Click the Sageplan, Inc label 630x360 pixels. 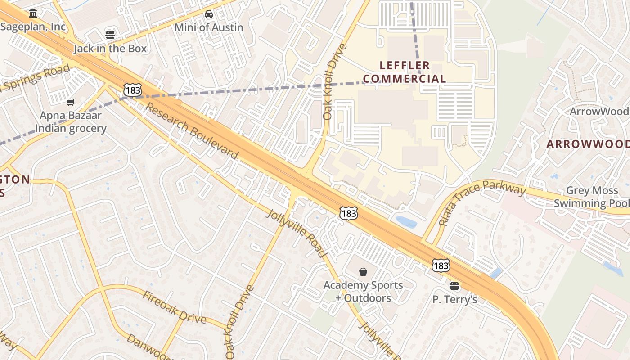(33, 27)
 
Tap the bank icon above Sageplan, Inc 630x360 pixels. (32, 13)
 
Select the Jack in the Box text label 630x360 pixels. (110, 48)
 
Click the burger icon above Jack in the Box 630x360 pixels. (110, 35)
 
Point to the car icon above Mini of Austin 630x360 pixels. (209, 14)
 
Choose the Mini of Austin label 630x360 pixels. (209, 27)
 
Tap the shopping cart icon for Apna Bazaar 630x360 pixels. (71, 103)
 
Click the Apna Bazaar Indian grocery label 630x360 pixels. (71, 122)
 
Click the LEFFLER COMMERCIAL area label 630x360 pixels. (405, 72)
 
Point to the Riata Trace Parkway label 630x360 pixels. (481, 201)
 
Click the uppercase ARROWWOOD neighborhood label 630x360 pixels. (588, 144)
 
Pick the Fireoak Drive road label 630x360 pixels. (175, 307)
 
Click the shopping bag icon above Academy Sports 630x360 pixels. (363, 272)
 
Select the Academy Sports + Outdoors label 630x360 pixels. (363, 292)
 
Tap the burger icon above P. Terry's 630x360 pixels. (454, 286)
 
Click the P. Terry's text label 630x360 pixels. (454, 299)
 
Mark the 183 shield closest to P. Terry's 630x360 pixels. (441, 265)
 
